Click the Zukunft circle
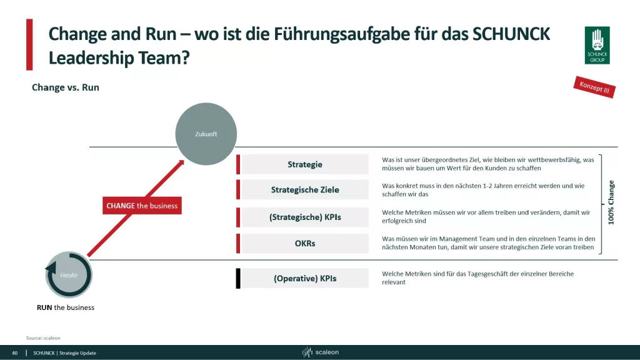(x=206, y=134)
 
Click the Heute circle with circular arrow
(x=69, y=274)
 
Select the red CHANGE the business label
(x=142, y=206)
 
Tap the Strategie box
(x=305, y=164)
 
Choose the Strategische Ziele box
(x=305, y=190)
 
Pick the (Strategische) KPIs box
(x=305, y=217)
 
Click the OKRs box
(x=305, y=243)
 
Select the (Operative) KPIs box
(x=305, y=278)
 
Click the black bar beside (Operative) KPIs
(x=238, y=278)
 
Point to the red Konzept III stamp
(x=594, y=87)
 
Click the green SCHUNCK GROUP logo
(x=597, y=45)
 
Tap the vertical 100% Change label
(x=611, y=202)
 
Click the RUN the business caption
(x=66, y=307)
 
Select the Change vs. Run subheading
(x=66, y=87)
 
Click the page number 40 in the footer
(x=15, y=353)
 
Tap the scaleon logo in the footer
(x=321, y=352)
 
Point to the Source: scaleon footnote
(x=43, y=337)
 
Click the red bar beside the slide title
(x=29, y=44)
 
